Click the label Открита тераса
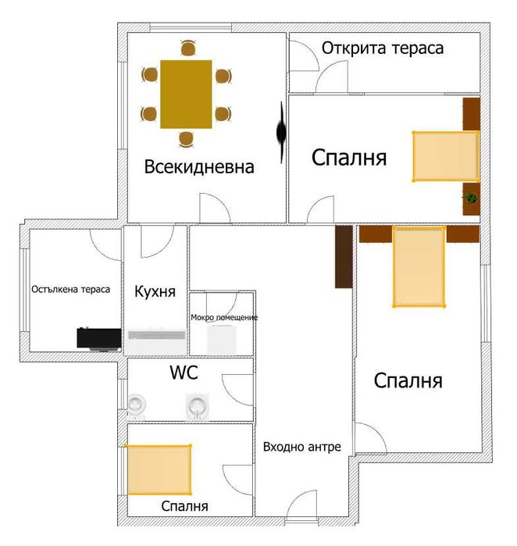(x=383, y=48)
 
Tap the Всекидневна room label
(x=199, y=166)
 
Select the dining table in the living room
(x=186, y=95)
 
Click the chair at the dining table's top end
(x=187, y=49)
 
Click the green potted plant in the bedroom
(x=471, y=199)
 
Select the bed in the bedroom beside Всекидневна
(x=444, y=157)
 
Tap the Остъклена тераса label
(x=71, y=289)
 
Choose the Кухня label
(x=155, y=291)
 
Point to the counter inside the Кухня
(x=157, y=334)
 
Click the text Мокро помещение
(x=224, y=317)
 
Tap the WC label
(x=184, y=373)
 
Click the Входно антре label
(x=301, y=447)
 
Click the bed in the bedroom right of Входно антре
(x=419, y=266)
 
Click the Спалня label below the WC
(x=184, y=506)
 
